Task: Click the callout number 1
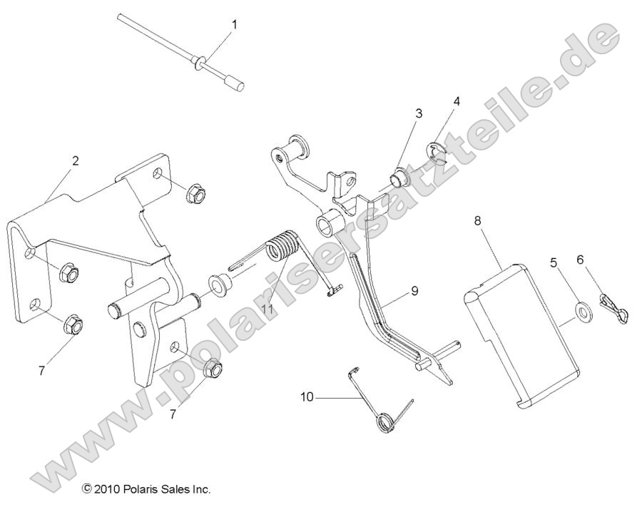pyautogui.click(x=234, y=24)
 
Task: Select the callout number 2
pyautogui.click(x=76, y=161)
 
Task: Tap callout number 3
pyautogui.click(x=419, y=113)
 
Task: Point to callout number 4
pyautogui.click(x=456, y=101)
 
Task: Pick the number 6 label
pyautogui.click(x=580, y=260)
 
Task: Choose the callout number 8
pyautogui.click(x=477, y=221)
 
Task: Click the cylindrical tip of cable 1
pyautogui.click(x=238, y=86)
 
